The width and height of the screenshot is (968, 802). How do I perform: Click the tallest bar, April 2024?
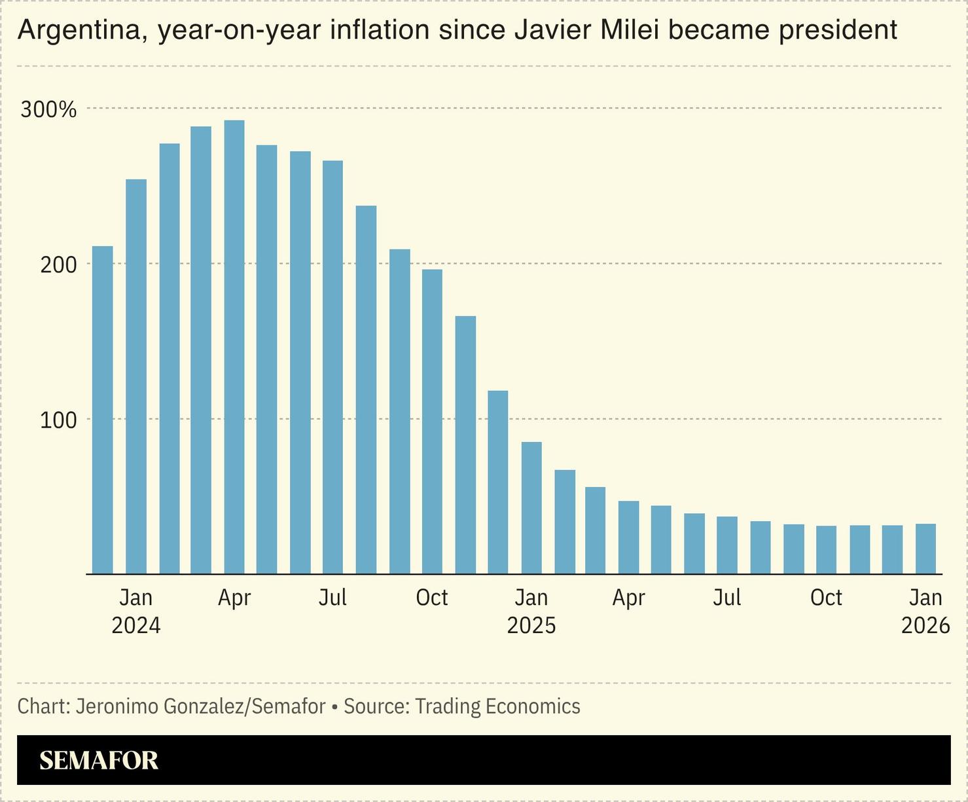click(x=234, y=347)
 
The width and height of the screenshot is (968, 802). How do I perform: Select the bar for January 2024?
click(x=136, y=376)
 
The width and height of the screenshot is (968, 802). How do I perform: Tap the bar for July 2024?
click(x=332, y=367)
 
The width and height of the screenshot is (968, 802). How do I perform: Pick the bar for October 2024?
click(x=432, y=422)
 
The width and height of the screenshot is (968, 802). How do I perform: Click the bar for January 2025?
click(x=531, y=508)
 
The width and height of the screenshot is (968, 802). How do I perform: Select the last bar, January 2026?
click(x=925, y=549)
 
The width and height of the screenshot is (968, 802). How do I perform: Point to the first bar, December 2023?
click(x=103, y=410)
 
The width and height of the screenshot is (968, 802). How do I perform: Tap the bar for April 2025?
click(x=628, y=538)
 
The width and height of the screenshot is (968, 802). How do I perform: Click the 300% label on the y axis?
click(x=48, y=109)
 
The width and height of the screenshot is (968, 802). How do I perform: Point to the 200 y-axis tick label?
click(x=58, y=265)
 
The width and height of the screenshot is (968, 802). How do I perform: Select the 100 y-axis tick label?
click(x=58, y=420)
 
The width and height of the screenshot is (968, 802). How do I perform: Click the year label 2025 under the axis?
click(x=531, y=625)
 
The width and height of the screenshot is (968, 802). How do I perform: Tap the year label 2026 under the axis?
click(x=925, y=625)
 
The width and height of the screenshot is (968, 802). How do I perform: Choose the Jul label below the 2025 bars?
click(x=726, y=597)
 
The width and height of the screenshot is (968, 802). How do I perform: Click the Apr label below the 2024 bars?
click(x=234, y=597)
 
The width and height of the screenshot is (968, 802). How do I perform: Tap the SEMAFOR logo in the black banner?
click(x=99, y=760)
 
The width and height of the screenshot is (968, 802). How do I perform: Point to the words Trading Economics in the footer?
click(x=497, y=706)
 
